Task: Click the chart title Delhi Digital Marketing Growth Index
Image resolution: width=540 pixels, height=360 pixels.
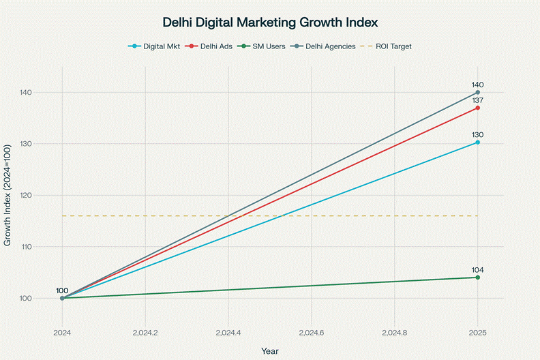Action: [270, 22]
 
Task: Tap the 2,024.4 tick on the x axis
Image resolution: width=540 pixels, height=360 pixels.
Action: [228, 333]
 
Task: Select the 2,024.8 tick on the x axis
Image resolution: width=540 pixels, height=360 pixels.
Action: [395, 333]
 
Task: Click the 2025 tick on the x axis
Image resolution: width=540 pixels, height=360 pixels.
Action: [477, 333]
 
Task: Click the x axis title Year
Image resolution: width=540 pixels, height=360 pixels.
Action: [270, 350]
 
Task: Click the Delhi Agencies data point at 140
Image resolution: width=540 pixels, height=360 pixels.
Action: [477, 92]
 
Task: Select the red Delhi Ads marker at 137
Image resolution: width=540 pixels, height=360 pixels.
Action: [477, 108]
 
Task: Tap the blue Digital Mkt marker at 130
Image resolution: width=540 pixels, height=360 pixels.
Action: [477, 142]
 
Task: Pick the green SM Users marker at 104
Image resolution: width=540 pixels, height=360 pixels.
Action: [477, 277]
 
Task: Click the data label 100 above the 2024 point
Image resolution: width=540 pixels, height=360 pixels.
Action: [62, 291]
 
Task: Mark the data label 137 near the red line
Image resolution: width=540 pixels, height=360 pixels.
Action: [477, 100]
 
